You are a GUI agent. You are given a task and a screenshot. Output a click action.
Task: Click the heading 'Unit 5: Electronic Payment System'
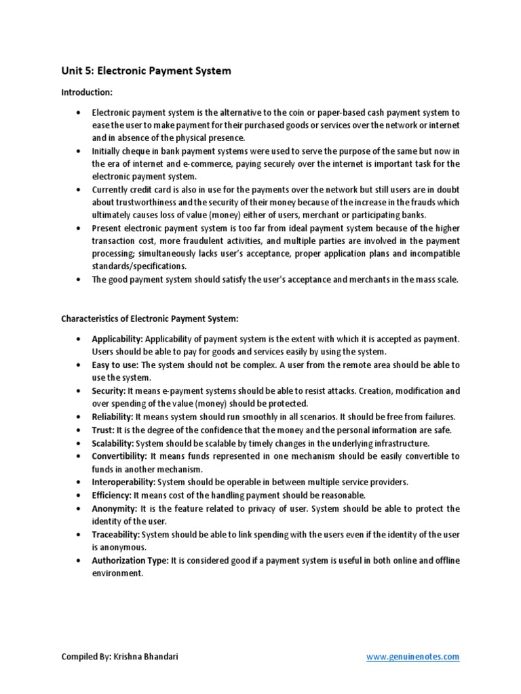click(146, 70)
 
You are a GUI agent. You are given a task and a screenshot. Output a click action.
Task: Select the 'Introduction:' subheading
click(86, 91)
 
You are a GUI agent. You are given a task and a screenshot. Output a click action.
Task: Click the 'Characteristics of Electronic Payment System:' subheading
click(150, 317)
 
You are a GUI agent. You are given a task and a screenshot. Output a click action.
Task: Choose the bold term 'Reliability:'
click(113, 417)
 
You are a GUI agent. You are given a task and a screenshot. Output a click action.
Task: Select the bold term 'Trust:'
click(103, 430)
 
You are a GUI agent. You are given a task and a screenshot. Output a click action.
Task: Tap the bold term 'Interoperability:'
click(124, 482)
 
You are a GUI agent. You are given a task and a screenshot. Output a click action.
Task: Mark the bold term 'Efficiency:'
click(111, 495)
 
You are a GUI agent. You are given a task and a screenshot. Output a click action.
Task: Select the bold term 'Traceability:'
click(116, 535)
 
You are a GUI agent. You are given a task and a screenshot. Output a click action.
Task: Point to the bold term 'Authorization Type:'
click(130, 560)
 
